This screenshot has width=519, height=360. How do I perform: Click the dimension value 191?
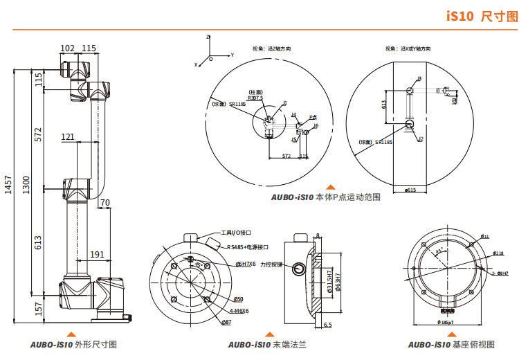click(x=98, y=254)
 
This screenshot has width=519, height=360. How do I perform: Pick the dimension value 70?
click(x=104, y=203)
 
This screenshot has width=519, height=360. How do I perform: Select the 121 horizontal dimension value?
click(x=67, y=137)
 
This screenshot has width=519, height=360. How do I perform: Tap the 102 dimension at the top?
click(x=68, y=48)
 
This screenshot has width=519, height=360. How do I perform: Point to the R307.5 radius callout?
click(x=256, y=98)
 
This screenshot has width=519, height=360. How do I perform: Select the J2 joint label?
click(x=420, y=138)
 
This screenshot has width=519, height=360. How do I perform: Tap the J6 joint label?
click(x=316, y=125)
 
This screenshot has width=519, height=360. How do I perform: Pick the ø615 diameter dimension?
click(x=409, y=189)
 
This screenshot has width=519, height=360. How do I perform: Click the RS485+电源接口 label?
click(x=247, y=246)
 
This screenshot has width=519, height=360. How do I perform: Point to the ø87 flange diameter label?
click(x=226, y=322)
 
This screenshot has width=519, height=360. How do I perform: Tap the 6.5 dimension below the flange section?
click(x=327, y=324)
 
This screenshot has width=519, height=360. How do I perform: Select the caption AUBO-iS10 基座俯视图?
click(x=451, y=344)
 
